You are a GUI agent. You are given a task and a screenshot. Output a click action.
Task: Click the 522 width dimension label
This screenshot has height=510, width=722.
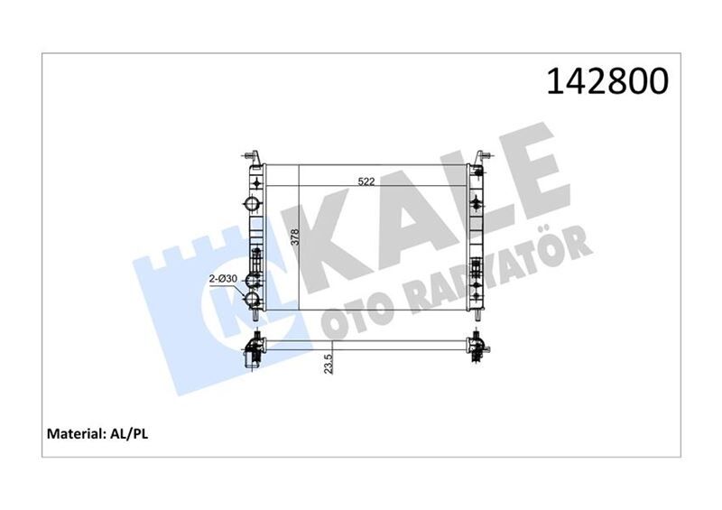tap(366, 181)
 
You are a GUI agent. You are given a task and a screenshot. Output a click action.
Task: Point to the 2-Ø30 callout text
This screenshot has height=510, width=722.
tap(223, 279)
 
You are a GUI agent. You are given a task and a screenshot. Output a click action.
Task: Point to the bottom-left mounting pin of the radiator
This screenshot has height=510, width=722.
tap(256, 317)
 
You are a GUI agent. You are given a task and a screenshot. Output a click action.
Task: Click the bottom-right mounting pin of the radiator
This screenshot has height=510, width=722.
tap(476, 317)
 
